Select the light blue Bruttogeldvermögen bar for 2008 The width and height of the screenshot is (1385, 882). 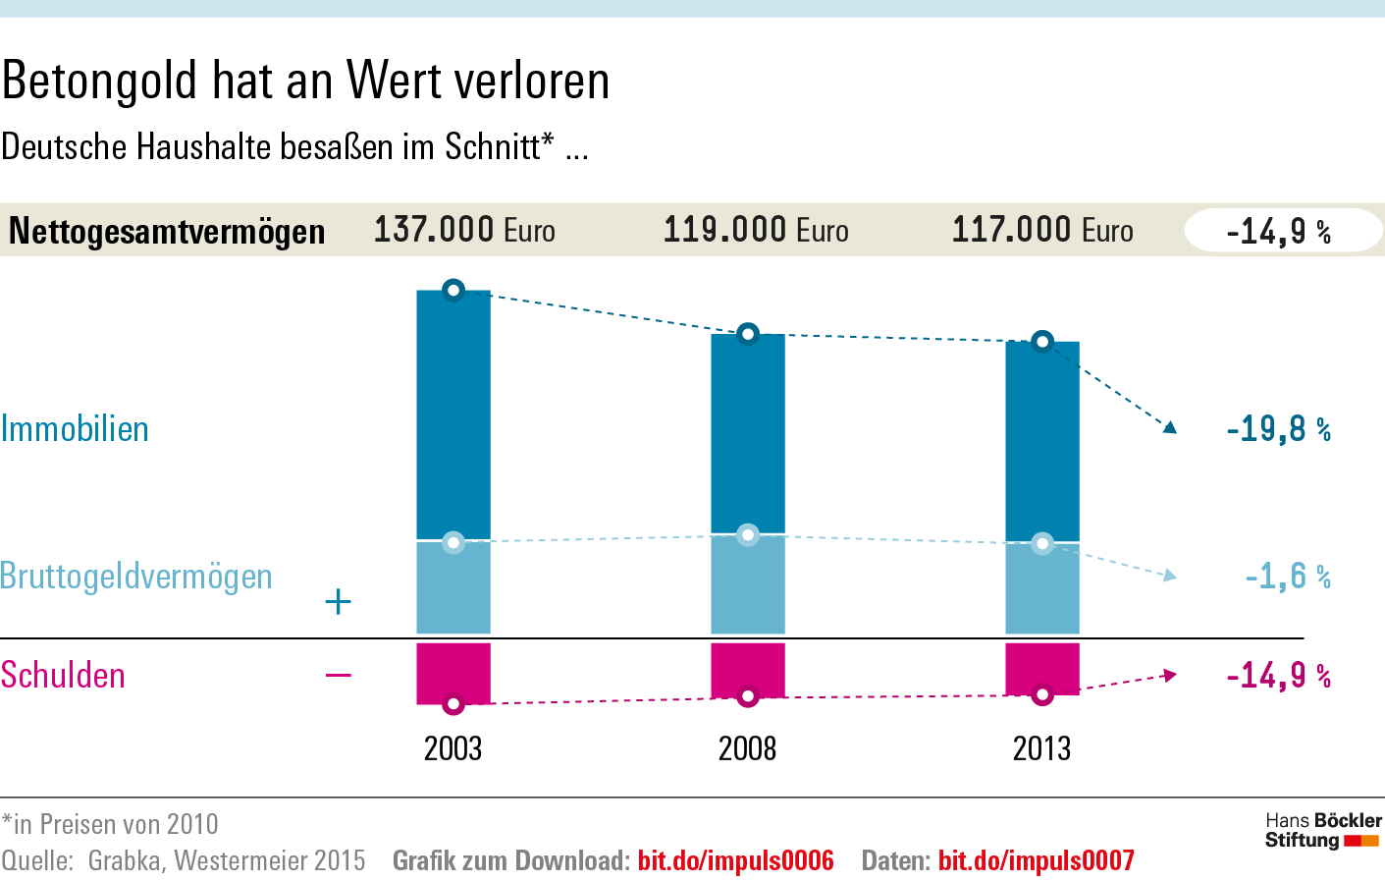click(747, 585)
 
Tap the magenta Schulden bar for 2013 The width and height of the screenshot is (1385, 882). click(1041, 668)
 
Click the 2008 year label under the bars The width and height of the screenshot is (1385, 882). click(747, 748)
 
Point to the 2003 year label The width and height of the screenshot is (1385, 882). click(453, 748)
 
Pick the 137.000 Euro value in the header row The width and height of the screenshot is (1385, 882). click(464, 230)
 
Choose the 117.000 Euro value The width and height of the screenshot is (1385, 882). click(1042, 230)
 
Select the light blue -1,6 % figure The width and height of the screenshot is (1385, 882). click(1287, 576)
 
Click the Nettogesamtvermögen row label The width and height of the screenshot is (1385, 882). click(167, 232)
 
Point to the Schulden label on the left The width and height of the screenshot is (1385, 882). click(63, 676)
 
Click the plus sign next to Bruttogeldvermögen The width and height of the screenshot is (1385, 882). click(338, 601)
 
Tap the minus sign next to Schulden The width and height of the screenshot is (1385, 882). click(338, 675)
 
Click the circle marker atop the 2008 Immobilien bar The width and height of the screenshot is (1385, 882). click(748, 334)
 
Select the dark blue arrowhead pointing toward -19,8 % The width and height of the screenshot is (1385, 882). click(1169, 427)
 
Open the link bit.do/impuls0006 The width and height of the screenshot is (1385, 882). click(735, 861)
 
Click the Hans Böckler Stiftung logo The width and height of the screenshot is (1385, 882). click(1322, 830)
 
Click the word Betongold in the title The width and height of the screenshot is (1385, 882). click(99, 81)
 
